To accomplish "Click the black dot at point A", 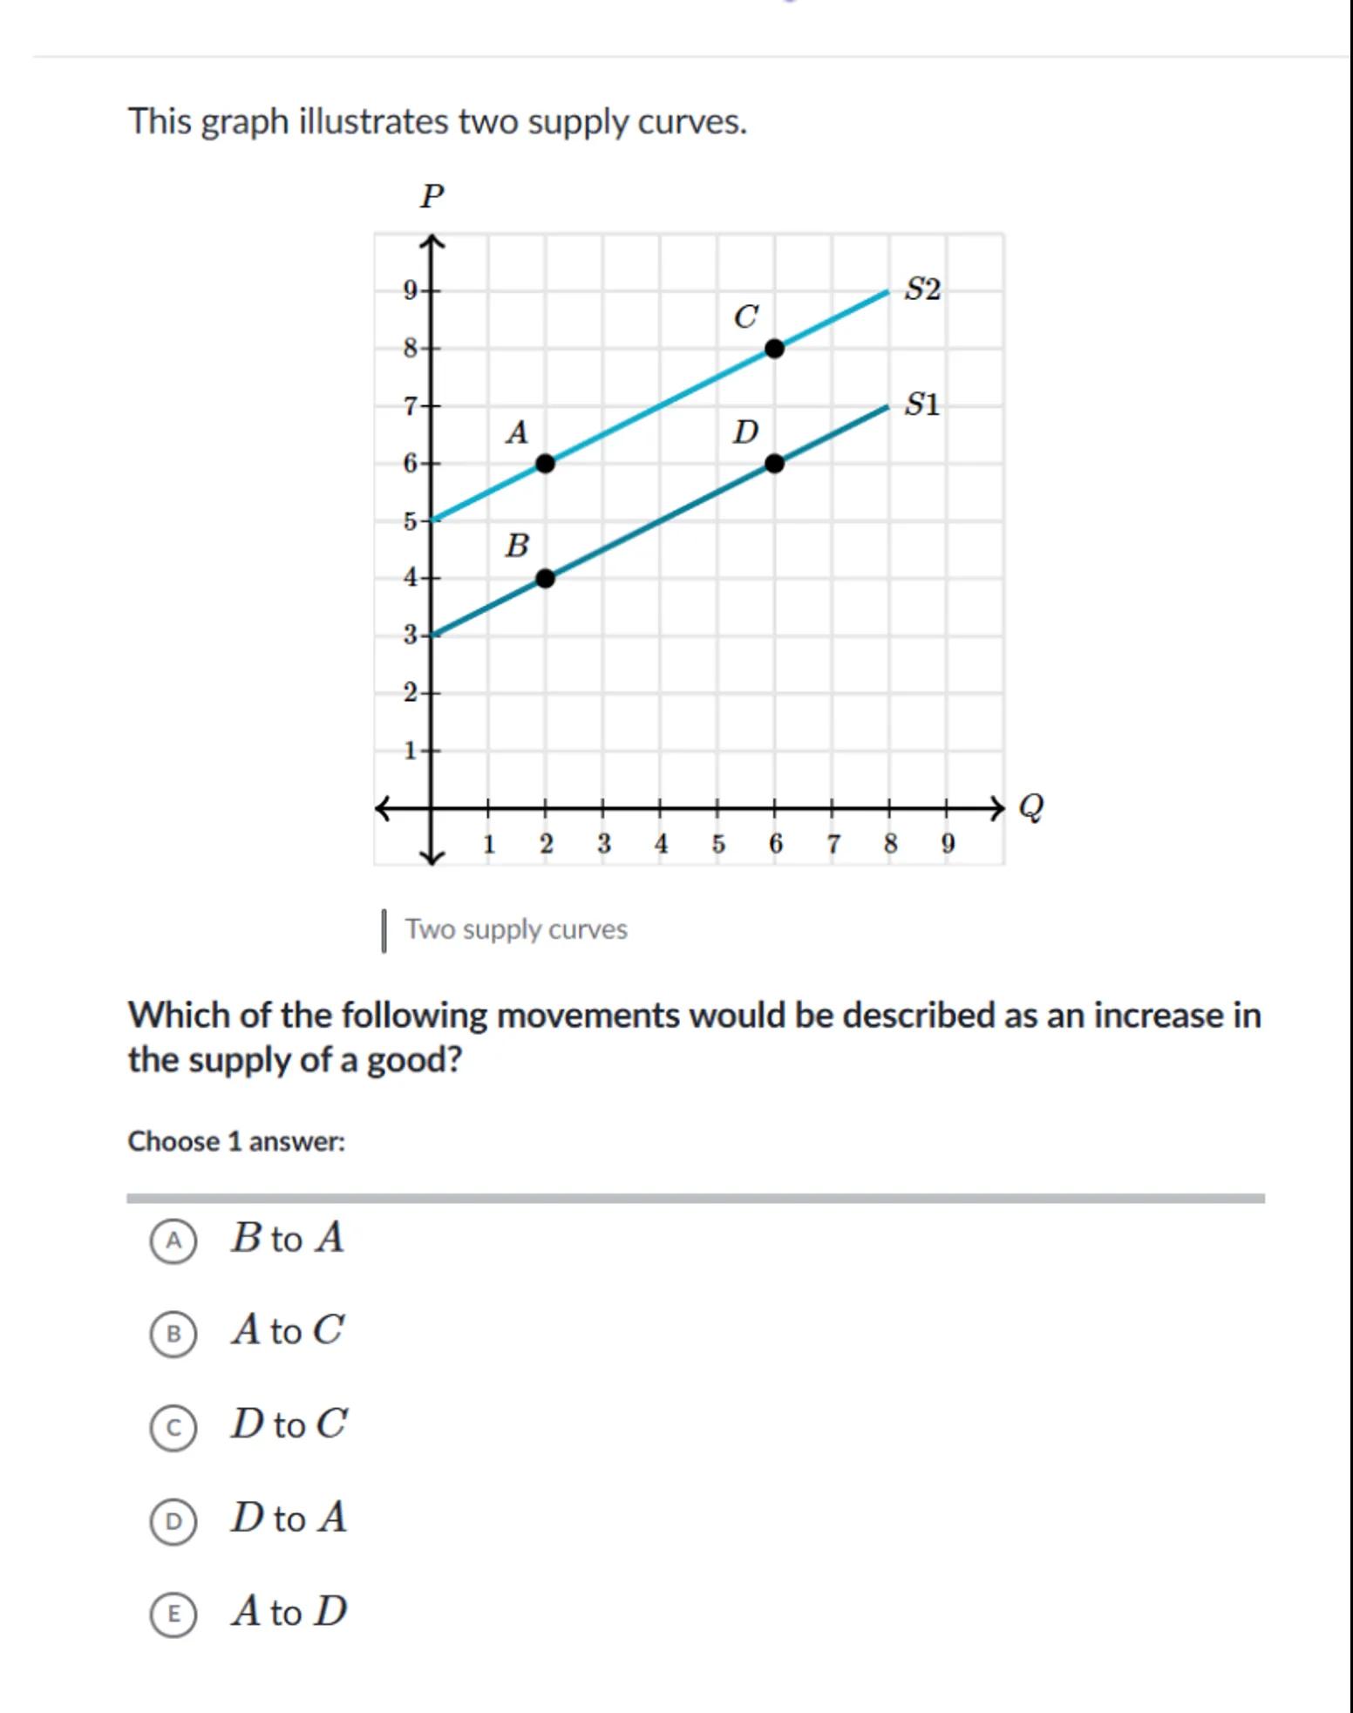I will (x=545, y=463).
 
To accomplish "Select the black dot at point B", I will (x=545, y=578).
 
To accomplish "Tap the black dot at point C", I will (x=774, y=349).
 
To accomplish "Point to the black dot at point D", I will (x=774, y=463).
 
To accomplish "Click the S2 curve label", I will (x=922, y=289).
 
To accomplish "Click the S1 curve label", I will (x=922, y=404).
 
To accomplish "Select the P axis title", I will (x=432, y=196).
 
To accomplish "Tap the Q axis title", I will (x=1030, y=807).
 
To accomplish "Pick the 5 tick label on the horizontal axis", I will (x=717, y=844).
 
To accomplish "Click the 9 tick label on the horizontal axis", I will (x=948, y=844).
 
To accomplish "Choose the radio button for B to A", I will (x=173, y=1241).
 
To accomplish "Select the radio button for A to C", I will (x=173, y=1334).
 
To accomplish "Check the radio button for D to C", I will (x=173, y=1428).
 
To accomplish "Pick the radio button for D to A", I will (x=173, y=1521).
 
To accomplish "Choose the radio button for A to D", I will (x=173, y=1614).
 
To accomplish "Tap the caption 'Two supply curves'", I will (x=516, y=929).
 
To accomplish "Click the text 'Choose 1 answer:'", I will (x=236, y=1141).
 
